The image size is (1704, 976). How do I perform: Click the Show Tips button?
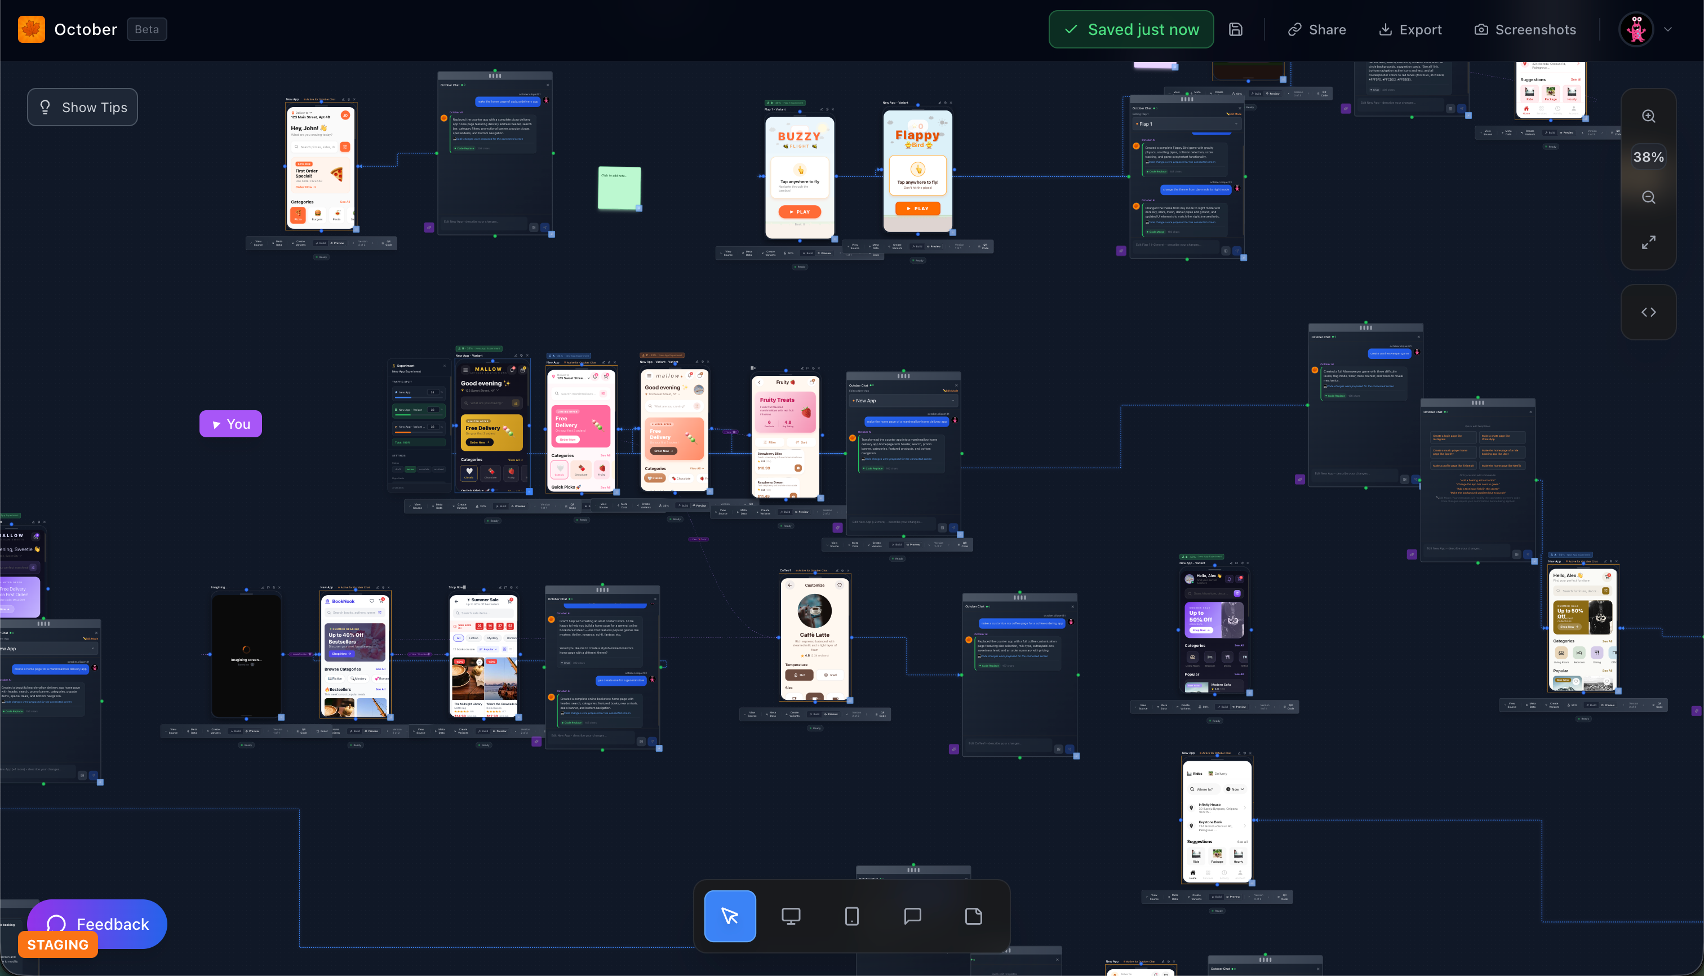[82, 107]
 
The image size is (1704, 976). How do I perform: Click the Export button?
[1410, 29]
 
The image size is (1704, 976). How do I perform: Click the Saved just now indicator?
[1131, 29]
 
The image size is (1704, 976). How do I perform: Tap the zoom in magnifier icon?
[1648, 116]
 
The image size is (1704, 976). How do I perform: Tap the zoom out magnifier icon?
[1648, 197]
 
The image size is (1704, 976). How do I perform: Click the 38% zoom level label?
[1648, 157]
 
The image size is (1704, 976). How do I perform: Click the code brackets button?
[1648, 312]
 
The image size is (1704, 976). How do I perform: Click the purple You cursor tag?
[230, 424]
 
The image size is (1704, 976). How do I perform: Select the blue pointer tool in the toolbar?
[730, 916]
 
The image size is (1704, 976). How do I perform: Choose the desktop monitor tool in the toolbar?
[791, 916]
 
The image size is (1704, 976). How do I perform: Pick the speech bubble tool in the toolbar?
[912, 916]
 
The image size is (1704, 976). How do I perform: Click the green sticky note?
[619, 188]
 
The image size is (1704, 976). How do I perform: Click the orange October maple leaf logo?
[32, 29]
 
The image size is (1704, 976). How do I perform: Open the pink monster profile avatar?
[1636, 29]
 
